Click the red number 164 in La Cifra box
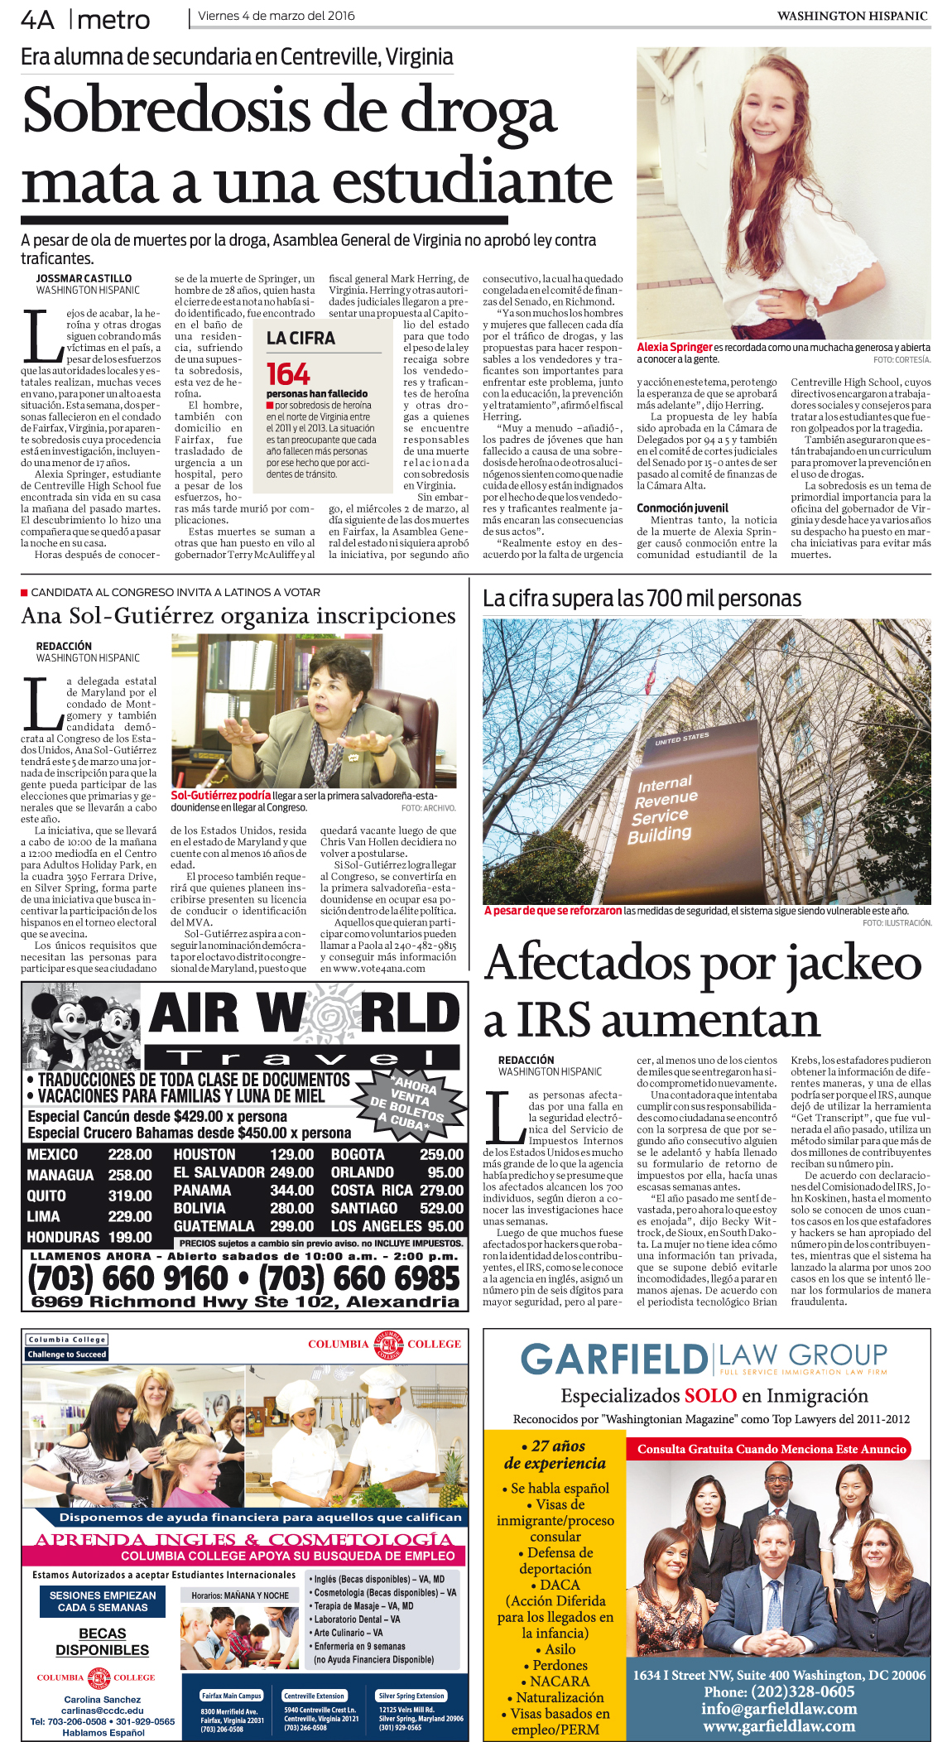click(288, 373)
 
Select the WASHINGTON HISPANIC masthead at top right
click(852, 16)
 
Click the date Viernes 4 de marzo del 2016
click(276, 16)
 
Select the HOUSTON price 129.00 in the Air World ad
click(291, 1154)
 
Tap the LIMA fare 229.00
click(130, 1216)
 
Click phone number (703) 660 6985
click(359, 1278)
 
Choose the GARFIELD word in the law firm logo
click(613, 1360)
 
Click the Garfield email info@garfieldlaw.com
click(779, 1709)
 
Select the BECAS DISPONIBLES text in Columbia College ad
click(103, 1642)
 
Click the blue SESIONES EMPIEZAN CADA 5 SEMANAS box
click(103, 1601)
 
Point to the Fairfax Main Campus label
click(232, 1696)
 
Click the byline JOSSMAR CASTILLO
click(84, 279)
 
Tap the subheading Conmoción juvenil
click(682, 508)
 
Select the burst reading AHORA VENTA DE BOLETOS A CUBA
click(406, 1100)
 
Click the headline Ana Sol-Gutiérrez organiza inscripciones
click(238, 616)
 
